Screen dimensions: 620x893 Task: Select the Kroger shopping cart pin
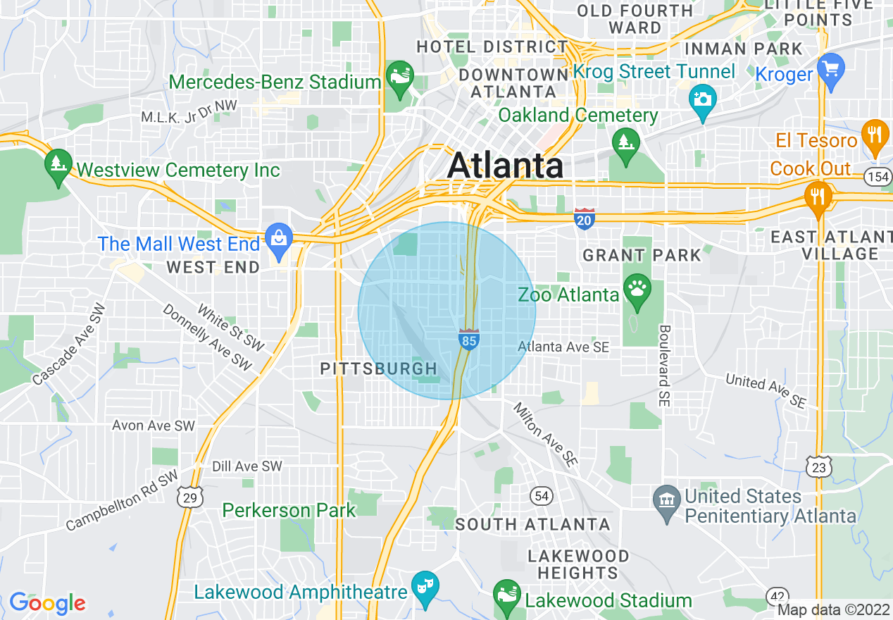point(831,70)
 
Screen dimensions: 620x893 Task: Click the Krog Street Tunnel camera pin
point(702,101)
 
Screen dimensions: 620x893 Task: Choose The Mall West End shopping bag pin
point(280,240)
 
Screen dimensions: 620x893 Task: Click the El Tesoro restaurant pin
point(875,136)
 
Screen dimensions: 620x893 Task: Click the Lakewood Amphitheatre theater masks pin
point(425,588)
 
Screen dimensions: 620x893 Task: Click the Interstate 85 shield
point(469,339)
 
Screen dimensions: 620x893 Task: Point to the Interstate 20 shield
point(585,218)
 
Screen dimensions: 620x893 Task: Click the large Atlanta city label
point(505,166)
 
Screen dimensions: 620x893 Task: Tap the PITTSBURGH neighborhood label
point(379,368)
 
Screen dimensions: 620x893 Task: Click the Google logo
point(47,603)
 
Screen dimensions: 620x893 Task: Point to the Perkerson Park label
point(289,510)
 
